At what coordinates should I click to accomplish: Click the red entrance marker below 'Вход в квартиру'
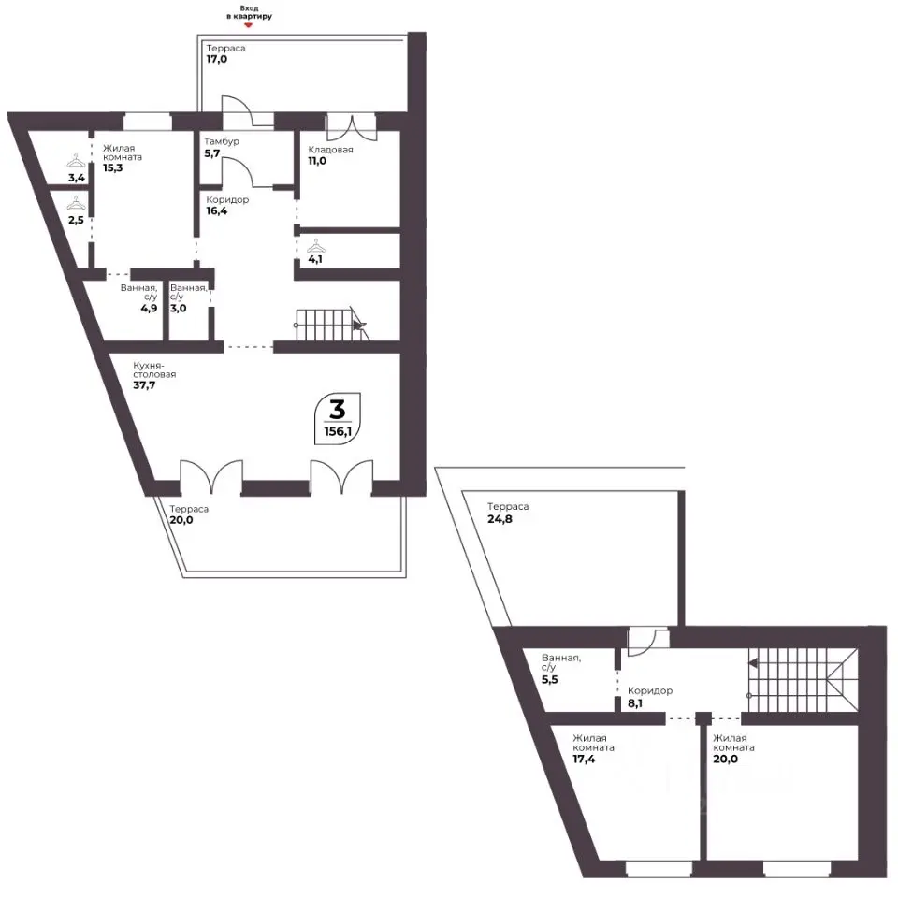pyautogui.click(x=248, y=25)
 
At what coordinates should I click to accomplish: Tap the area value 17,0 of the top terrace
pyautogui.click(x=216, y=59)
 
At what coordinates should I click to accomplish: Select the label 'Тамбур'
pyautogui.click(x=222, y=141)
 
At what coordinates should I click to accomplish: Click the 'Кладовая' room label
pyautogui.click(x=330, y=150)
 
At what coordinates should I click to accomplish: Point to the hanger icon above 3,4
pyautogui.click(x=76, y=161)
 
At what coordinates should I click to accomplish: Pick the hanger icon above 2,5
pyautogui.click(x=76, y=203)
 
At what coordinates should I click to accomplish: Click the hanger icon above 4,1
pyautogui.click(x=315, y=247)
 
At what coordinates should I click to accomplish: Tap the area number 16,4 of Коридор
pyautogui.click(x=216, y=210)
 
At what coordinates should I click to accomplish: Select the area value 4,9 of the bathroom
pyautogui.click(x=149, y=308)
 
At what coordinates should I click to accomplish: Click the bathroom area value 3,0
pyautogui.click(x=178, y=308)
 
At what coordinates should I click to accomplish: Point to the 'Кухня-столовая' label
pyautogui.click(x=154, y=369)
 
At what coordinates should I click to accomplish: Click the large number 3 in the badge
pyautogui.click(x=338, y=410)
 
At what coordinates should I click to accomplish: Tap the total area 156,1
pyautogui.click(x=338, y=431)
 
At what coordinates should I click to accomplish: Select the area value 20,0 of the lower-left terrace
pyautogui.click(x=181, y=520)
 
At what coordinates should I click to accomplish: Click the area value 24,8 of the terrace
pyautogui.click(x=500, y=519)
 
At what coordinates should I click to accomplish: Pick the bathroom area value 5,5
pyautogui.click(x=550, y=680)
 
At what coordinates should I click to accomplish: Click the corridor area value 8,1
pyautogui.click(x=635, y=703)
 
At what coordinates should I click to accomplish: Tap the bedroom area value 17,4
pyautogui.click(x=584, y=760)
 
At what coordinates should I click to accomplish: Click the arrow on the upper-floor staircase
pyautogui.click(x=752, y=663)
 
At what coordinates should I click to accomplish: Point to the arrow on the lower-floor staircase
pyautogui.click(x=358, y=326)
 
